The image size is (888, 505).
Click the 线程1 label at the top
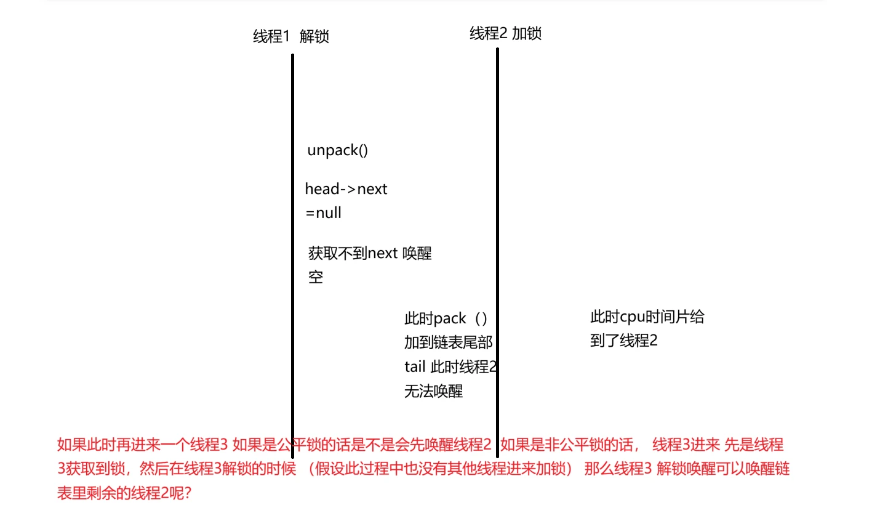[271, 37]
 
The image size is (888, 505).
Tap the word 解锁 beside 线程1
[314, 37]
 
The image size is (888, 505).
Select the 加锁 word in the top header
[527, 34]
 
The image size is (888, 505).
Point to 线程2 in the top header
[489, 34]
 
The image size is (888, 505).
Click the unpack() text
[337, 151]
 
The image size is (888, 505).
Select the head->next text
[346, 189]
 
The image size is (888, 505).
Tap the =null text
[323, 214]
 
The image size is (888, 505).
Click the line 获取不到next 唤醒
[370, 253]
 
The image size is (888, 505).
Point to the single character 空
[316, 278]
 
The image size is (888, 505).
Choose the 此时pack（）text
[446, 319]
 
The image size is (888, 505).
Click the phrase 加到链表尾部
[448, 343]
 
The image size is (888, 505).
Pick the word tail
[415, 367]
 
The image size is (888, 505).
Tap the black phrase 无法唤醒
[433, 391]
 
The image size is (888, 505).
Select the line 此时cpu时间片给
[647, 317]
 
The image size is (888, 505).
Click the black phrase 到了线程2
[623, 341]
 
